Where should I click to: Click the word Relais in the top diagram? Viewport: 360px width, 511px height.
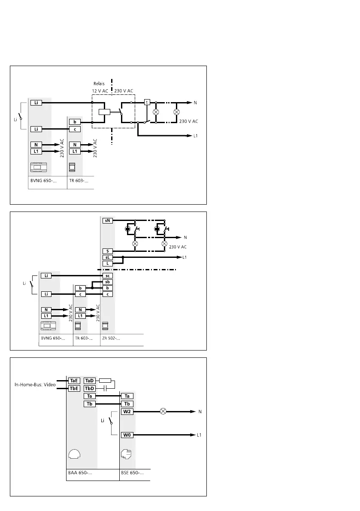pyautogui.click(x=100, y=83)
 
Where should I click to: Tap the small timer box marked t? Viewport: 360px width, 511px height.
pyautogui.click(x=147, y=103)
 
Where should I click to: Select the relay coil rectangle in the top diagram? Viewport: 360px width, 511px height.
pyautogui.click(x=105, y=113)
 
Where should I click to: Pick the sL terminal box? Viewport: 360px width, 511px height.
pyautogui.click(x=107, y=257)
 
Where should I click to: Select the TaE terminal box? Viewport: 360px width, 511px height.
pyautogui.click(x=74, y=381)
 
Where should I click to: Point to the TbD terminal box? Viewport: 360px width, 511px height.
pyautogui.click(x=90, y=388)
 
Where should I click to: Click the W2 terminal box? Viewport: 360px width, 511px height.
pyautogui.click(x=127, y=412)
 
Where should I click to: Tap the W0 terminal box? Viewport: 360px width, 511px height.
pyautogui.click(x=127, y=435)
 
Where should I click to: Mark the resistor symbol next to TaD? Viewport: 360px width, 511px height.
pyautogui.click(x=105, y=381)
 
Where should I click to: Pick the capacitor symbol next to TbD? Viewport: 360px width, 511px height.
pyautogui.click(x=105, y=388)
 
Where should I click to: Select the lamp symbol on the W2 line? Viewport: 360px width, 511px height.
pyautogui.click(x=163, y=412)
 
